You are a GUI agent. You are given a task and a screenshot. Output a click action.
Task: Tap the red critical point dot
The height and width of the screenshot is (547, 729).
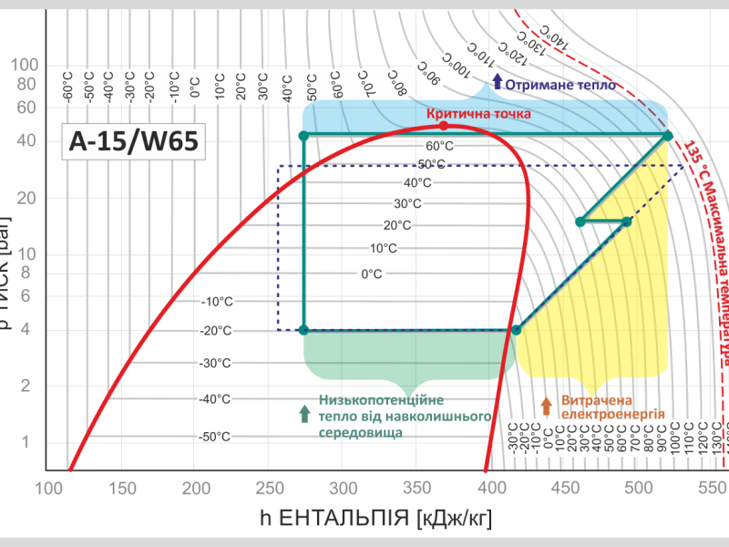pos(444,126)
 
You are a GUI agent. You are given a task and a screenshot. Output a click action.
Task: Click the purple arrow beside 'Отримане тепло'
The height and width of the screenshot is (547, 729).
pos(497,81)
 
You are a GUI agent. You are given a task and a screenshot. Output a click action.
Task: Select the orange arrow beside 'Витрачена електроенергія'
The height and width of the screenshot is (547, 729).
pos(546,406)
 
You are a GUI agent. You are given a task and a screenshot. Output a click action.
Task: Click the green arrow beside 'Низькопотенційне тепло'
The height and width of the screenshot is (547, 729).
pos(304,412)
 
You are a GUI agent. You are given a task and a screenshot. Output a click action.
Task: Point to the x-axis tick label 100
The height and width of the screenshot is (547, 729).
pos(46,489)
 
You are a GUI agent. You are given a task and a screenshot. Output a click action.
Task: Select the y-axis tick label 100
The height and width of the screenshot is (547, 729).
pos(25,65)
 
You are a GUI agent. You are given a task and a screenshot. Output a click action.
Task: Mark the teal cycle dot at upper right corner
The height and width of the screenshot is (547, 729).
pos(667,136)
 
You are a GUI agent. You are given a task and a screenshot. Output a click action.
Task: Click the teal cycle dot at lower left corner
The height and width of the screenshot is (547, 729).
pos(303,330)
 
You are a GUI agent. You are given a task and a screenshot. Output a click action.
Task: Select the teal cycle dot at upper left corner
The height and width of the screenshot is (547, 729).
pos(303,136)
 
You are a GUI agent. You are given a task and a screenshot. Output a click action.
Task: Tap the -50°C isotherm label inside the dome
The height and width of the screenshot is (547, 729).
pos(215,437)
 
